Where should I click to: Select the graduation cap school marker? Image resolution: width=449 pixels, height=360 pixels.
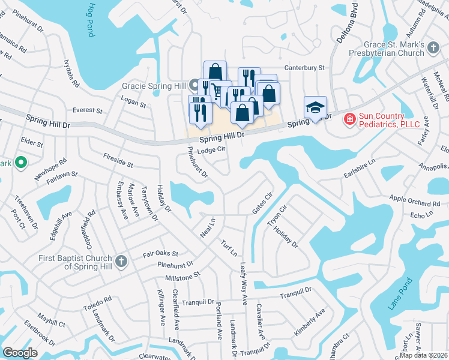coord(315,107)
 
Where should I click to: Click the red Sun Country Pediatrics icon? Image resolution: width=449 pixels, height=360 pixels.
coord(348,120)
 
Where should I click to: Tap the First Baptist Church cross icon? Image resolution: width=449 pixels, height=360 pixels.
coord(121,261)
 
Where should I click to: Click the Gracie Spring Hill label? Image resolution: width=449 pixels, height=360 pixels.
coord(154,86)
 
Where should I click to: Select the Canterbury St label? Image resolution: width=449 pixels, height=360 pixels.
coord(304,68)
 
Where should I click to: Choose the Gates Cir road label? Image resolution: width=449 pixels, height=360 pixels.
coord(262,203)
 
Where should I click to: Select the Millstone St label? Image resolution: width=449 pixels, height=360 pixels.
coord(182,277)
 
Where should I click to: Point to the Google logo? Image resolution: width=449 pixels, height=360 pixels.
coord(20,352)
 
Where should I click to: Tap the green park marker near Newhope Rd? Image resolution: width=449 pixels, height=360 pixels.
coord(20,162)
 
